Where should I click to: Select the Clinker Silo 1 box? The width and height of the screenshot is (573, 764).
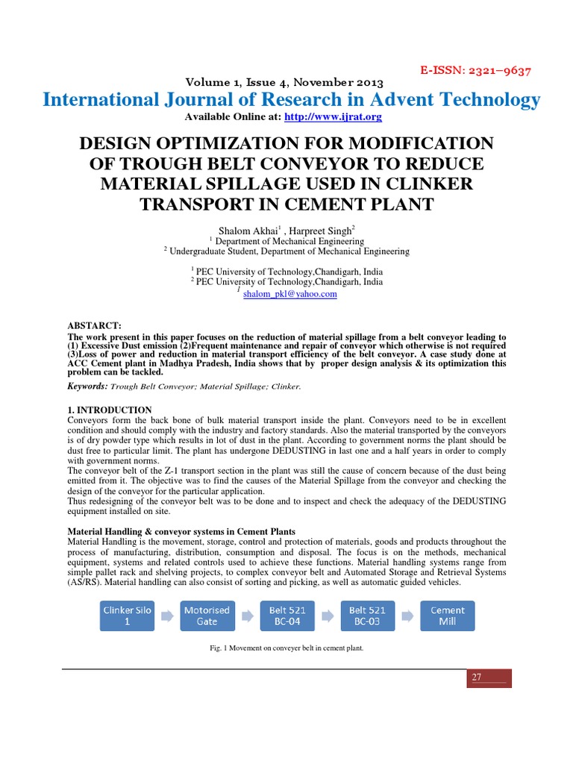pos(127,616)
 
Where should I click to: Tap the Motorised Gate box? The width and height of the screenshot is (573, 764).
pos(207,616)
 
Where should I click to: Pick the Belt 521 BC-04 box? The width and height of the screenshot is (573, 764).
pos(287,616)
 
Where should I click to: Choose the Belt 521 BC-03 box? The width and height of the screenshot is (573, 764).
pos(368,616)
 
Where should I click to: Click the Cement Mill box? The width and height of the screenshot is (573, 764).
pos(448,616)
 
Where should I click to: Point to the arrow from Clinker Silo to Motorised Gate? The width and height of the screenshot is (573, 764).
pos(167,616)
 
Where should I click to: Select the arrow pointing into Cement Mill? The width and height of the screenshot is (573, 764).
pos(407,616)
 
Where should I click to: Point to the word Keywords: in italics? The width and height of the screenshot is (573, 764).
pos(88,386)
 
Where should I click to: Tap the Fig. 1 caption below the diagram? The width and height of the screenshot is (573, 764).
pos(286,648)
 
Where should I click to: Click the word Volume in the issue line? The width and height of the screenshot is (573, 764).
pos(208,83)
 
